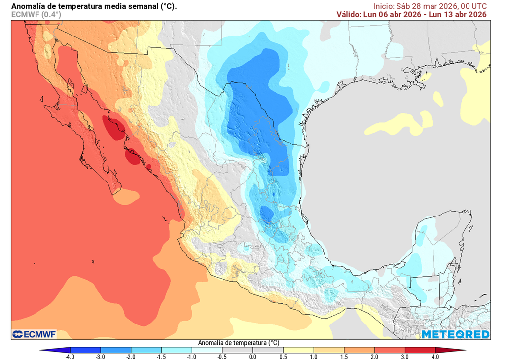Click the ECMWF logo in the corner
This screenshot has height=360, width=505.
34,334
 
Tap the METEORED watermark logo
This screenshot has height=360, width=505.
455,335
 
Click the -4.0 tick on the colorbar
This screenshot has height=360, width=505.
70,356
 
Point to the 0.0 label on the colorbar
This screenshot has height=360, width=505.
252,356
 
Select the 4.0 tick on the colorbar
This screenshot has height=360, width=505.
435,356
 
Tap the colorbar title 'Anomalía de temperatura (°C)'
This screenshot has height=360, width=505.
239,343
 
